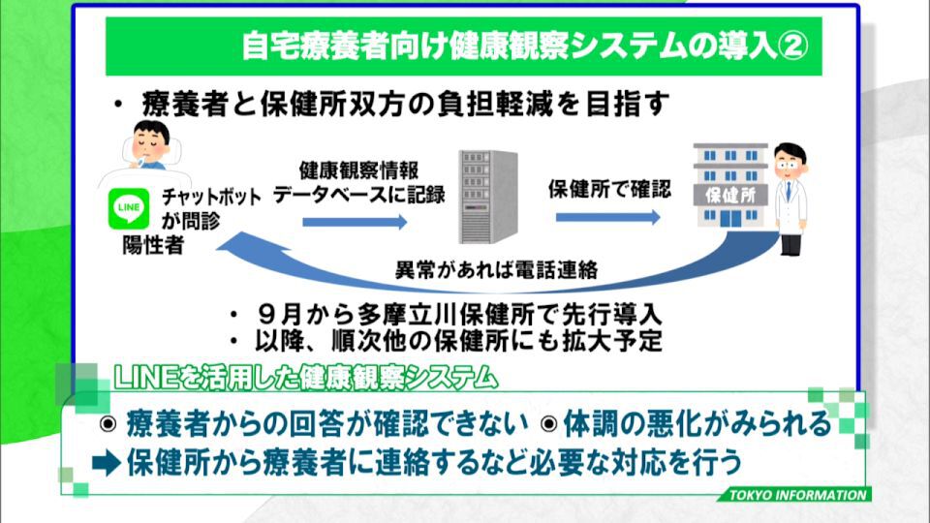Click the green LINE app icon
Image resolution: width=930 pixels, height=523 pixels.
click(129, 208)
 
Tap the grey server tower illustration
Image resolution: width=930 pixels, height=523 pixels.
click(488, 197)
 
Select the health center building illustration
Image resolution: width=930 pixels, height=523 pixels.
click(730, 186)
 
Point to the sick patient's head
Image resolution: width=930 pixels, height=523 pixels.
click(151, 142)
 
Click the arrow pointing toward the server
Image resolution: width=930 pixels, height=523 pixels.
click(355, 222)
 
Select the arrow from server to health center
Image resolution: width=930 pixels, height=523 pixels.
click(608, 218)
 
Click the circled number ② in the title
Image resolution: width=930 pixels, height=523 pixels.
click(792, 46)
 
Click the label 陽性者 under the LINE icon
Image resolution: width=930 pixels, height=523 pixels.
click(153, 245)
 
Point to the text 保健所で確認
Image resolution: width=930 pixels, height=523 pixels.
click(609, 189)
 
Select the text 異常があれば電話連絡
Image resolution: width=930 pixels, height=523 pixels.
click(496, 270)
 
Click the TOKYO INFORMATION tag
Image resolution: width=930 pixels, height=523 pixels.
click(797, 495)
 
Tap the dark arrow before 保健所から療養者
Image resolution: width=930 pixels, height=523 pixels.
click(107, 463)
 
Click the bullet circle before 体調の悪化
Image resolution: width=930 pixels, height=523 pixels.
click(549, 424)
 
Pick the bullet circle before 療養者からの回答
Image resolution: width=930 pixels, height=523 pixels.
click(108, 424)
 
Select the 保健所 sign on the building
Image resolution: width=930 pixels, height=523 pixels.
click(730, 195)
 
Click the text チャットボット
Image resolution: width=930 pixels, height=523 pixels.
click(211, 197)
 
